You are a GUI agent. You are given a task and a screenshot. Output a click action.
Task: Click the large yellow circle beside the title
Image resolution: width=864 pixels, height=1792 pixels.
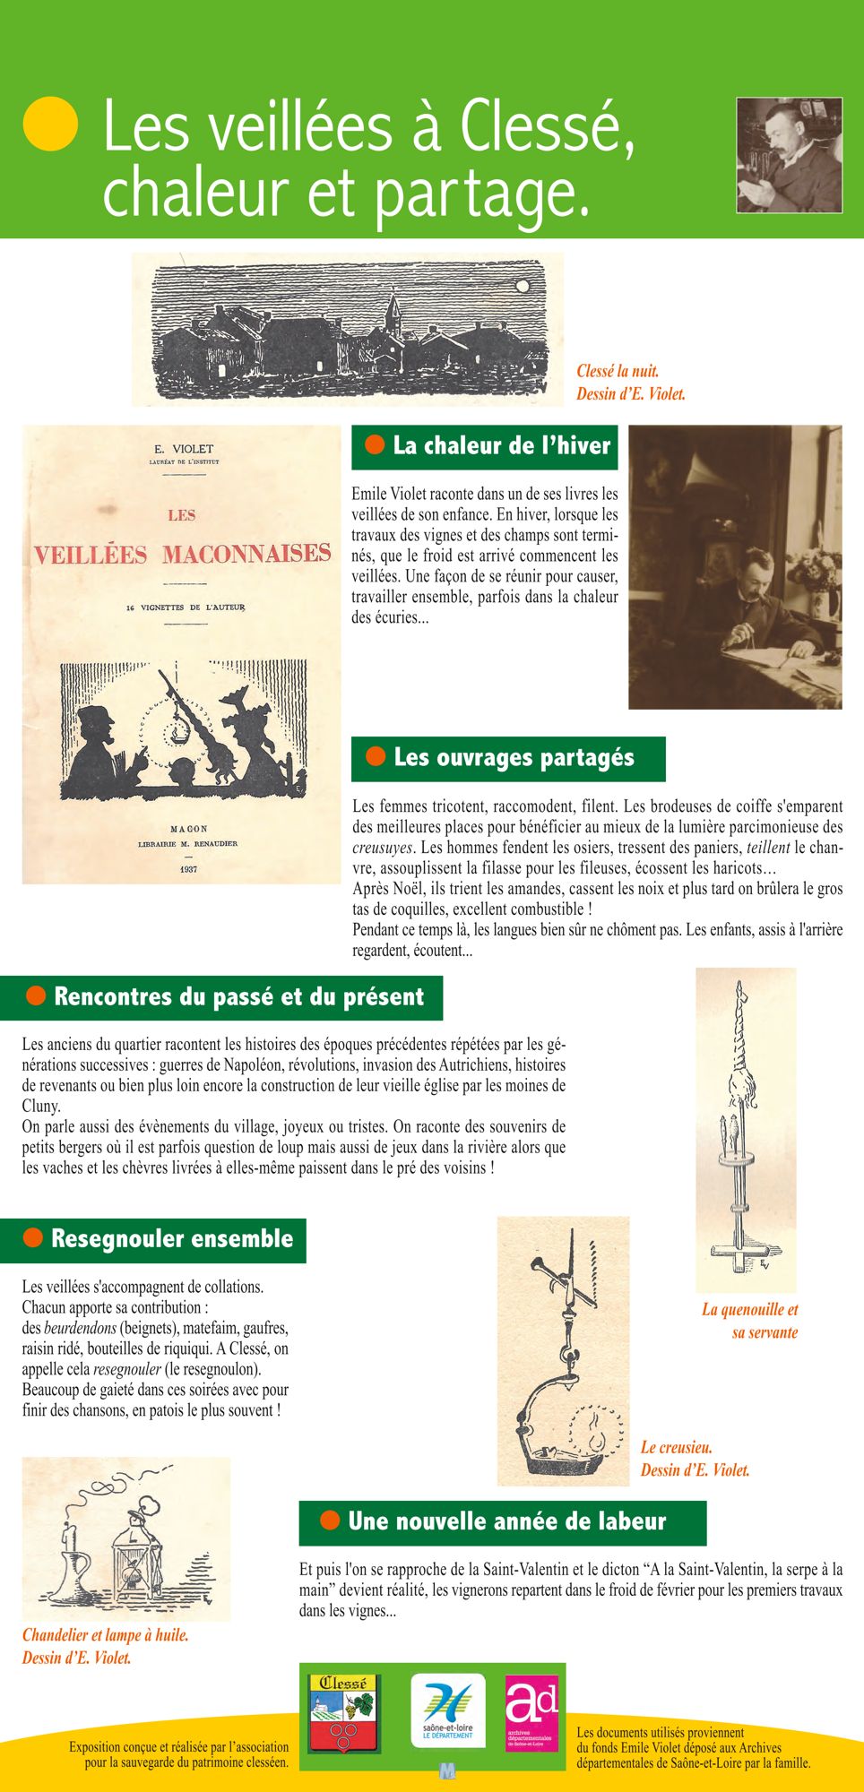coord(50,123)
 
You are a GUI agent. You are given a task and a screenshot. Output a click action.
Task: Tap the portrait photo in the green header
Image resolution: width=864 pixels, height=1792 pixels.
coord(789,155)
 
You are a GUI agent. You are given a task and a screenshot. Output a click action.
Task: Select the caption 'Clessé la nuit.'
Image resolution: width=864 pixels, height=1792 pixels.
coord(618,371)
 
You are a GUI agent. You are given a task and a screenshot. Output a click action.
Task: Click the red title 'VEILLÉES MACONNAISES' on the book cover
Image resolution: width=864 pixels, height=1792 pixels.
coord(182,554)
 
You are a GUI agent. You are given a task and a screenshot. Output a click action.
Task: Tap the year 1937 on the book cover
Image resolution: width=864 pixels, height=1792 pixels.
coord(188,869)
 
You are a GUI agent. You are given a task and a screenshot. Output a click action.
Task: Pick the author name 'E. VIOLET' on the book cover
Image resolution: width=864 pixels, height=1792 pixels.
coord(184,449)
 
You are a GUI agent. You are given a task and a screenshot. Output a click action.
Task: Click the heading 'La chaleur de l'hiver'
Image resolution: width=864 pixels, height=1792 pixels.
coord(501,445)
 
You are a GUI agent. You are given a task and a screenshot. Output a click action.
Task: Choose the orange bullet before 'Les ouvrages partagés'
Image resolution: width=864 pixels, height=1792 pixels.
coord(376,756)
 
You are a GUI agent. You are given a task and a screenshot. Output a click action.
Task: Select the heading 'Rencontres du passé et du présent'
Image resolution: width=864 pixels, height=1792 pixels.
coord(238,996)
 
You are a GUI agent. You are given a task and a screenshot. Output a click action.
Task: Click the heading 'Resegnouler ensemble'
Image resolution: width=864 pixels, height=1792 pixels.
coord(171,1238)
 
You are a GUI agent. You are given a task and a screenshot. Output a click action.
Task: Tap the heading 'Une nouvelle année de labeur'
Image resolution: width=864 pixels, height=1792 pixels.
coord(506,1521)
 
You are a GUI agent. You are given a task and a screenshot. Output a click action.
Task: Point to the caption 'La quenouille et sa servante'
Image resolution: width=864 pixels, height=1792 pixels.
coord(749,1321)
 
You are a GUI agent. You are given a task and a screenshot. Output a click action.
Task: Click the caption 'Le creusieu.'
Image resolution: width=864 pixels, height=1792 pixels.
coord(677,1447)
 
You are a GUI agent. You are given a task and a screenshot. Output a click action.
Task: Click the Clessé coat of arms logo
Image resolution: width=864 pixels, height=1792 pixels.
coord(342,1713)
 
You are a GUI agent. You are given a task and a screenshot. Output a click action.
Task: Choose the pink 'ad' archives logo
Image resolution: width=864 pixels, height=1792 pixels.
coord(531,1713)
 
